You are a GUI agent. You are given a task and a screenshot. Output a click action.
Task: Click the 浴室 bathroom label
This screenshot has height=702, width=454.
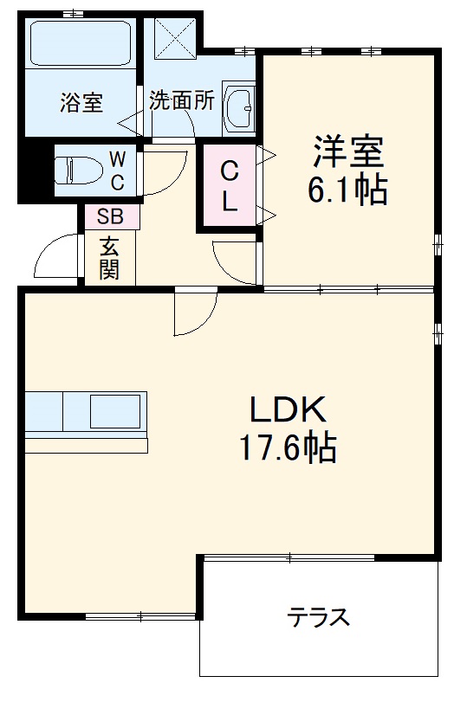(81, 102)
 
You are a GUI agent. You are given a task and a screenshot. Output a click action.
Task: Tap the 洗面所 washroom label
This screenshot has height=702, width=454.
(181, 100)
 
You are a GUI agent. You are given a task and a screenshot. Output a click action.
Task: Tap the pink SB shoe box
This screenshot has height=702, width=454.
(110, 216)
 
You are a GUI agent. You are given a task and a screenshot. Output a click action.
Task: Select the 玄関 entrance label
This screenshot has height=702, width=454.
(109, 257)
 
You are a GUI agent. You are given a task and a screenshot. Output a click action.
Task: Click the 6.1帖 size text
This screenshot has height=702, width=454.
(347, 190)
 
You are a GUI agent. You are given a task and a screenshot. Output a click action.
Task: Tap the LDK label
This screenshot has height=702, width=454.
(288, 409)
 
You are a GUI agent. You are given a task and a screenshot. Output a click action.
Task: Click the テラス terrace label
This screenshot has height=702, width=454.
(319, 616)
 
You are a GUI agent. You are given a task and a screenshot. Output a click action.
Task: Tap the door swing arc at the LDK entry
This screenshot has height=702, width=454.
(193, 314)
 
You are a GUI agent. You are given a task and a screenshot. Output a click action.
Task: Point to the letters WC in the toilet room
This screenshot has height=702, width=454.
(117, 170)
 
